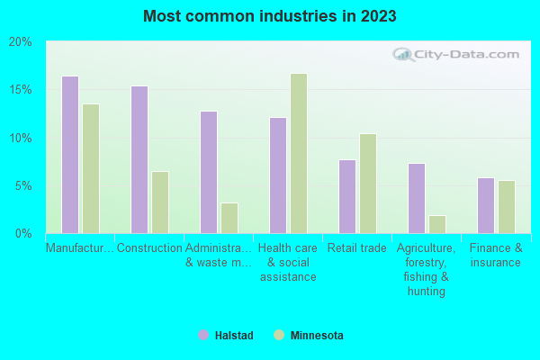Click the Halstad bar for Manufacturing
70,155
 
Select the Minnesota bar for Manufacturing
91,169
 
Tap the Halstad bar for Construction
139,160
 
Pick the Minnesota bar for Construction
160,202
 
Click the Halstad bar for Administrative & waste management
209,173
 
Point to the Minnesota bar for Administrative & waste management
229,219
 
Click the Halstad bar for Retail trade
347,197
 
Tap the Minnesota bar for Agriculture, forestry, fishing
437,225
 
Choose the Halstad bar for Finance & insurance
486,206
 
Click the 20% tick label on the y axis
21,42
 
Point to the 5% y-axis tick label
23,186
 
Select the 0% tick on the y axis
23,234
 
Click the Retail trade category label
357,248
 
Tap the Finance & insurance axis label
495,256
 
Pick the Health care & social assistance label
288,263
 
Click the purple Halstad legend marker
203,336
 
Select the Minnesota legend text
317,336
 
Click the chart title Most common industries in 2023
269,16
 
